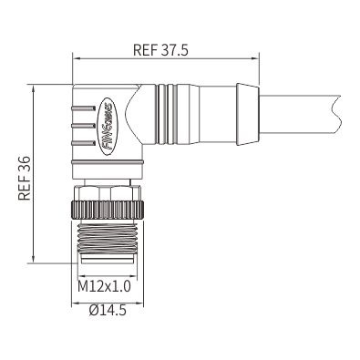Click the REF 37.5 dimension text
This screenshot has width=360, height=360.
160,50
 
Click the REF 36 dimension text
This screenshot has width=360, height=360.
25,179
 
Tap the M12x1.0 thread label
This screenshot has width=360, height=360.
104,286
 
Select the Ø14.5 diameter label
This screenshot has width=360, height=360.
108,310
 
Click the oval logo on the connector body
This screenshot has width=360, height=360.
108,127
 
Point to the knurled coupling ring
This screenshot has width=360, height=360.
108,210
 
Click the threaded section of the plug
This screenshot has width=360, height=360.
108,237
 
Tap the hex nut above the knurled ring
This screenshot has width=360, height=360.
108,193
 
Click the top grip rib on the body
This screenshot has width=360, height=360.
83,108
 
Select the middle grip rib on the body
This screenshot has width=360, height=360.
83,125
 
